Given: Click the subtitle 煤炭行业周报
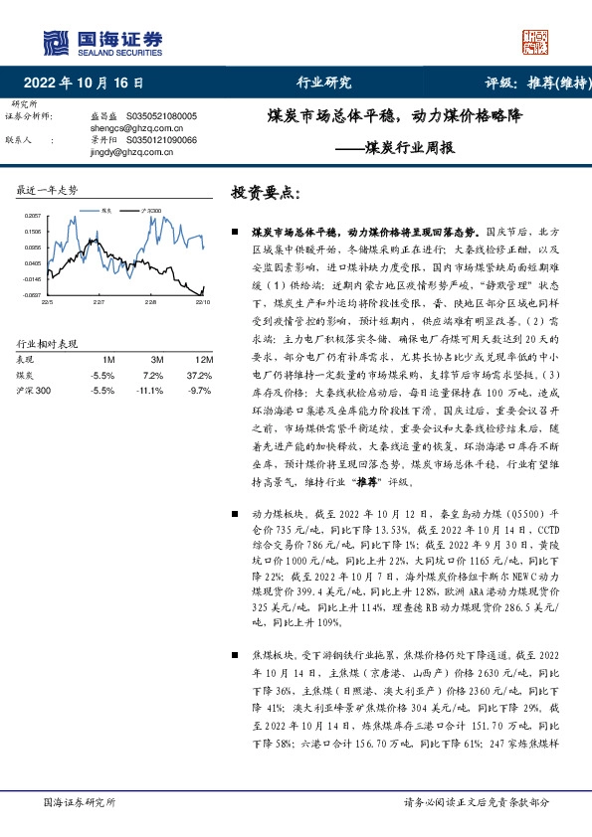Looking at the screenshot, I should point(408,148).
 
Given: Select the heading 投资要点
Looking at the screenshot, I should point(264,191).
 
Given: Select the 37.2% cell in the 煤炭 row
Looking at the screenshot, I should point(201,375).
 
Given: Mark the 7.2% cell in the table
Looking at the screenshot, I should point(154,375).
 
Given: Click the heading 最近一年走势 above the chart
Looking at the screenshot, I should point(47,189).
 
